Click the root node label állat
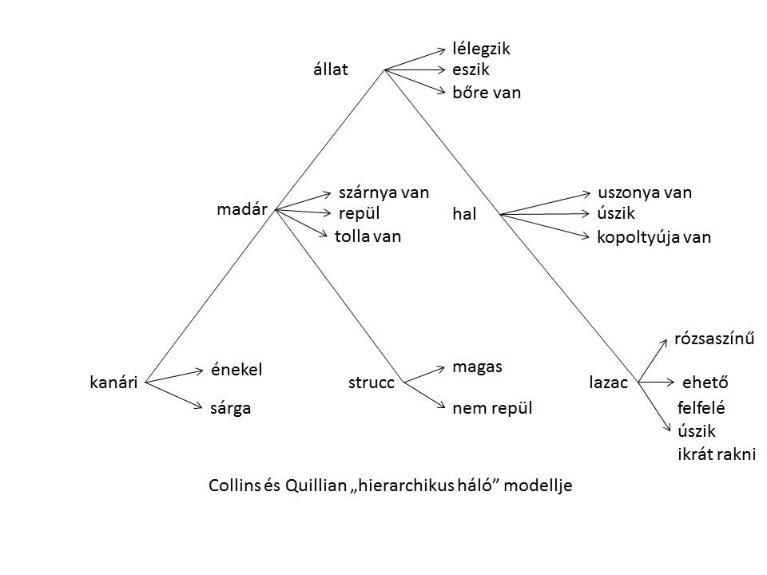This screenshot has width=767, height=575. click(331, 69)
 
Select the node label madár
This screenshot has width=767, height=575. click(241, 209)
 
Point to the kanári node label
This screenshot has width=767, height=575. click(114, 383)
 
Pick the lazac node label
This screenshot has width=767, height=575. click(608, 383)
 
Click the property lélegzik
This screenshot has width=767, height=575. click(481, 49)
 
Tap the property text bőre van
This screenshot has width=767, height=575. click(487, 93)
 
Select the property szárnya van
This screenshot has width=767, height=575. click(384, 192)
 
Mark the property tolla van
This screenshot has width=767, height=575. click(368, 236)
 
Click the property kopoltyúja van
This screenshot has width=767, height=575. click(654, 237)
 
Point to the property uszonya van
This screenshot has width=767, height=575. click(645, 192)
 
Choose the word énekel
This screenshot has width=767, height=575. click(236, 369)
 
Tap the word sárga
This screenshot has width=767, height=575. click(230, 409)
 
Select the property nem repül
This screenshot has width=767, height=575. click(492, 409)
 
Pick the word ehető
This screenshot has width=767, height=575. click(706, 383)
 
